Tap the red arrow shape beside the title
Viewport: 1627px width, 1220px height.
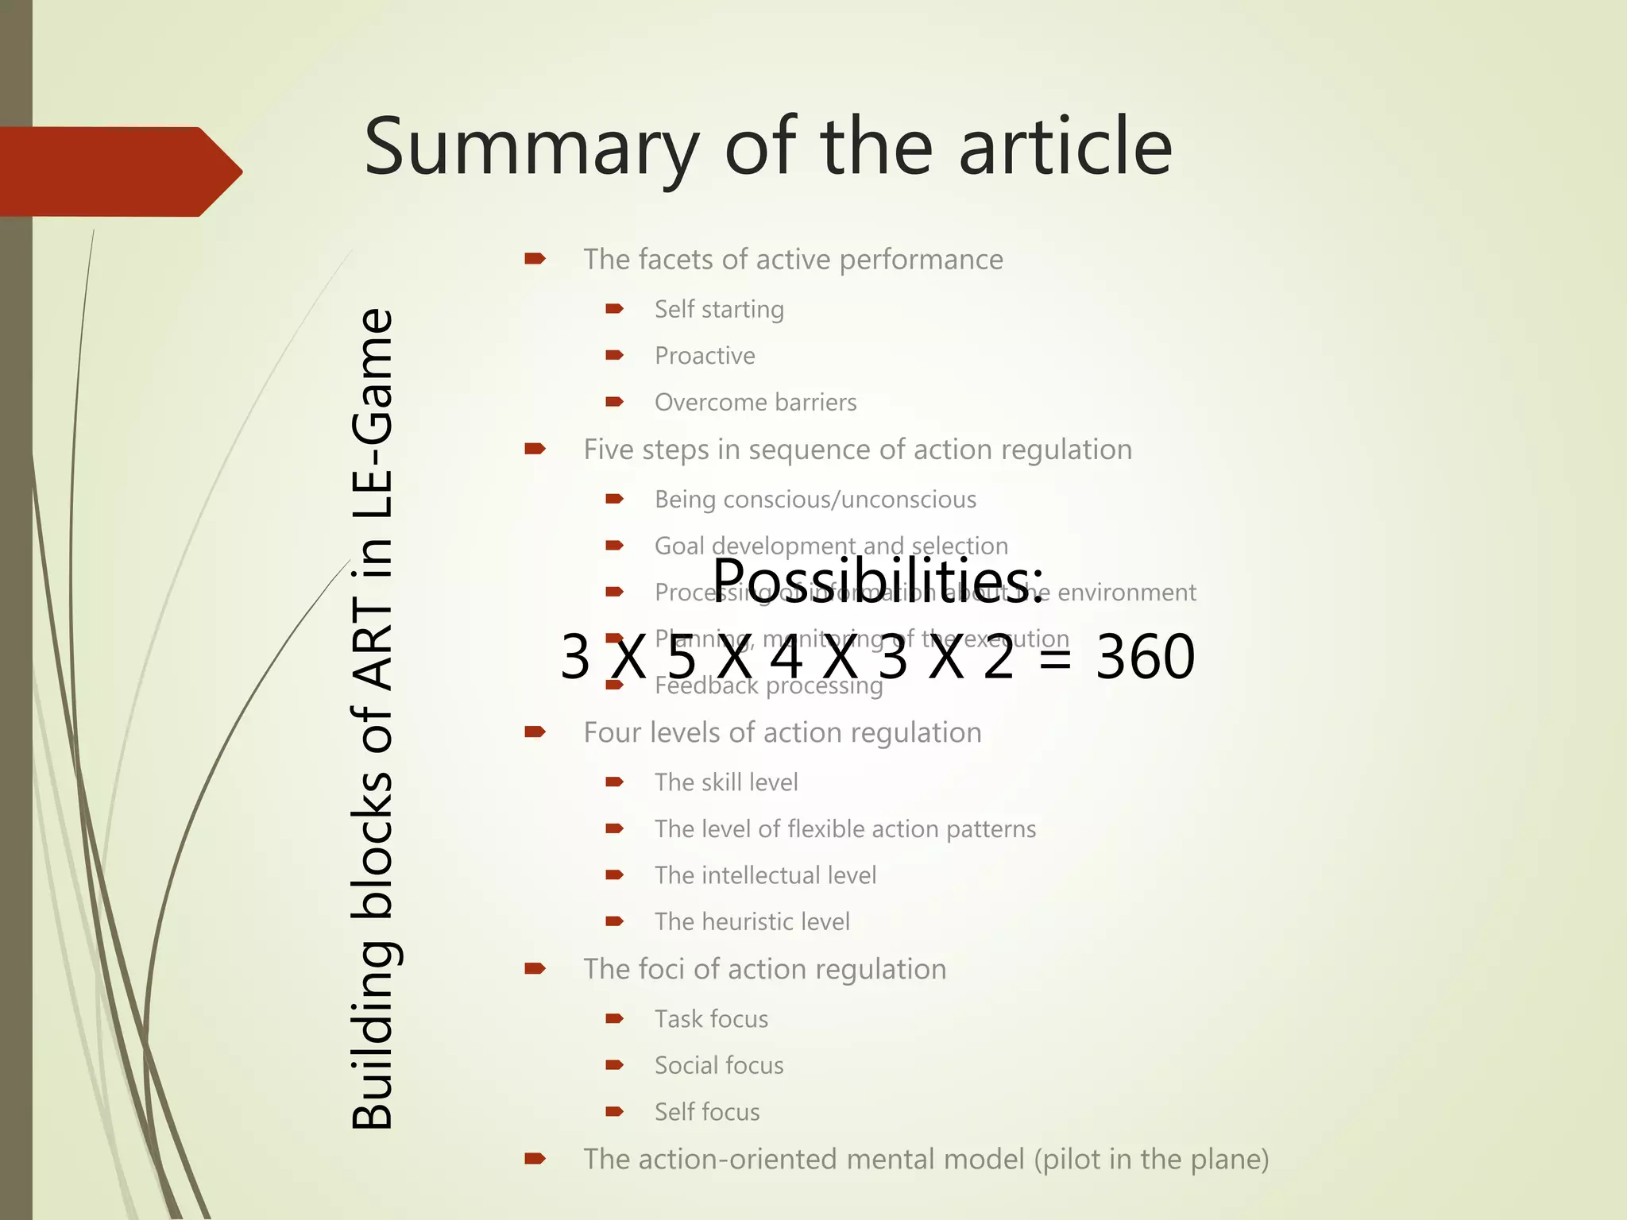click(119, 172)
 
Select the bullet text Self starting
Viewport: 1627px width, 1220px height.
click(719, 309)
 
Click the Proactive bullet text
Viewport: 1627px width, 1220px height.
click(705, 356)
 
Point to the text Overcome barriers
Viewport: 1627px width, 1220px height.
click(756, 403)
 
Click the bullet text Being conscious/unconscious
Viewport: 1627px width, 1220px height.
click(815, 500)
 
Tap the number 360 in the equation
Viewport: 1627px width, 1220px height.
click(1145, 658)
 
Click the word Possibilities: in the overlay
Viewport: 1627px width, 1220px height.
click(877, 580)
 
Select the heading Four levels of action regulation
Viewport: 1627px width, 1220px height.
click(783, 732)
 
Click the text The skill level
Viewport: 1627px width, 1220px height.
click(726, 782)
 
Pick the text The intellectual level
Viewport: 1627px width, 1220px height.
click(765, 875)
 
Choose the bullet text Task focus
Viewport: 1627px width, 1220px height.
click(711, 1019)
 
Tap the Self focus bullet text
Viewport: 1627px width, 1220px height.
click(707, 1112)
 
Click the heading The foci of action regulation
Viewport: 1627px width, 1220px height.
click(764, 969)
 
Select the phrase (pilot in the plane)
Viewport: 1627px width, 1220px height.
click(1151, 1160)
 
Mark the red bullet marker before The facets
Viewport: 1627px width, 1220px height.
click(535, 258)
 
